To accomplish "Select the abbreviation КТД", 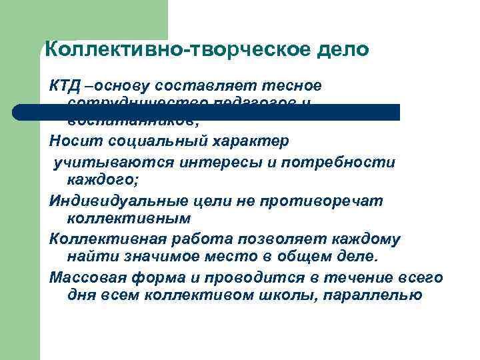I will click(65, 86).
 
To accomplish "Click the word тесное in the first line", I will click(297, 86).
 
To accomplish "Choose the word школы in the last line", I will click(283, 294).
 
